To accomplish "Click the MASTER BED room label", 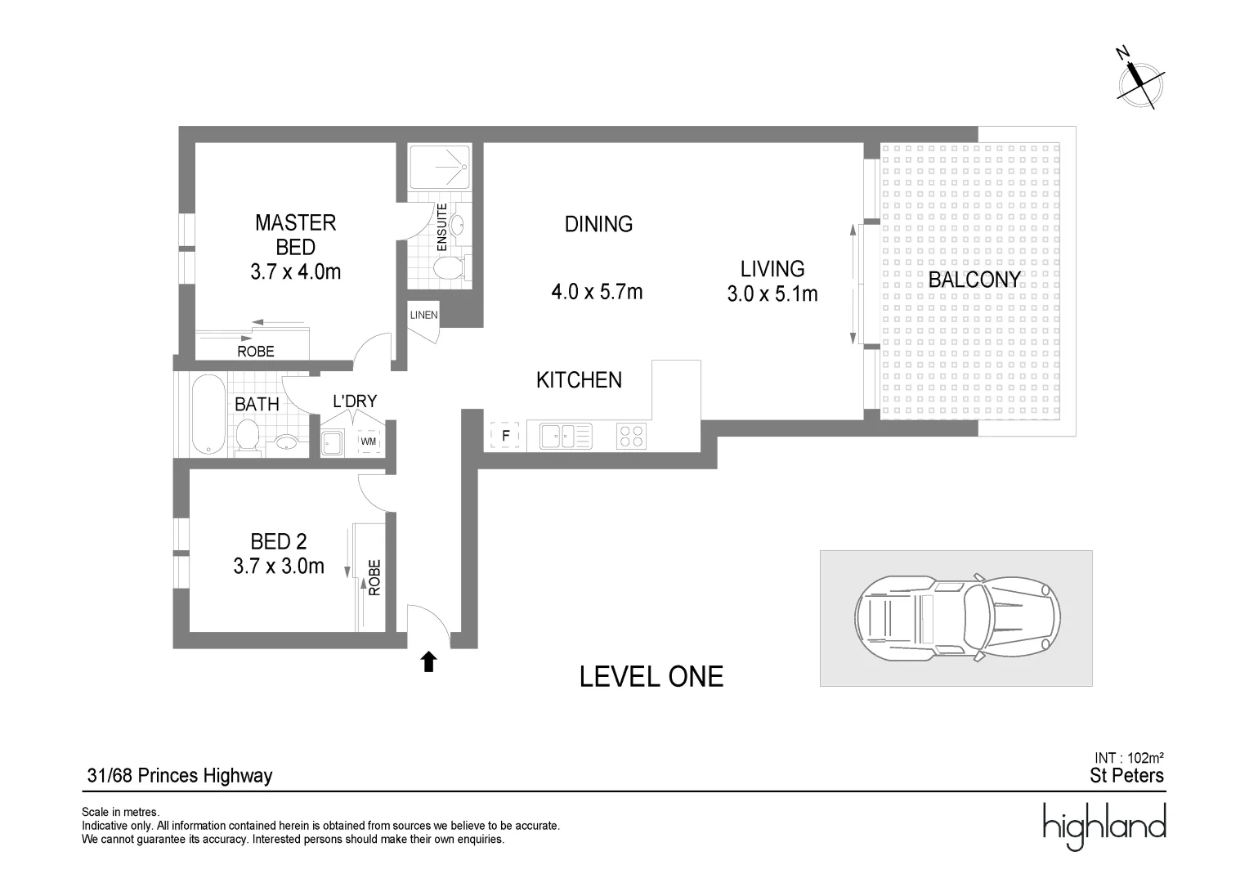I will coord(295,234).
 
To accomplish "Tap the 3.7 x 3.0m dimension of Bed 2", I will coord(279,566).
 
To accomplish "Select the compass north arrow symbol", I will coord(1139,80).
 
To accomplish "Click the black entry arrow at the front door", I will coord(428,661).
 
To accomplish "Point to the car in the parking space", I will coord(957,617).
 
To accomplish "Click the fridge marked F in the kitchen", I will coord(505,437).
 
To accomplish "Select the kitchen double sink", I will coord(565,436).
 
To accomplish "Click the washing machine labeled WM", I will coord(369,441).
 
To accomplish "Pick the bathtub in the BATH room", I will coord(209,414).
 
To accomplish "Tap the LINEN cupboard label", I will coord(423,315).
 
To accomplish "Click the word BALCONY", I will coord(974,280).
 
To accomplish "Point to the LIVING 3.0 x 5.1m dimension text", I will coord(772,294).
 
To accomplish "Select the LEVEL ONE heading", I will coord(651,677).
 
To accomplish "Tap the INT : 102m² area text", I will coord(1129,758).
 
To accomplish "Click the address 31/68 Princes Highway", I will coord(180,776).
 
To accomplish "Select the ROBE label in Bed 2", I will coord(375,576).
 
